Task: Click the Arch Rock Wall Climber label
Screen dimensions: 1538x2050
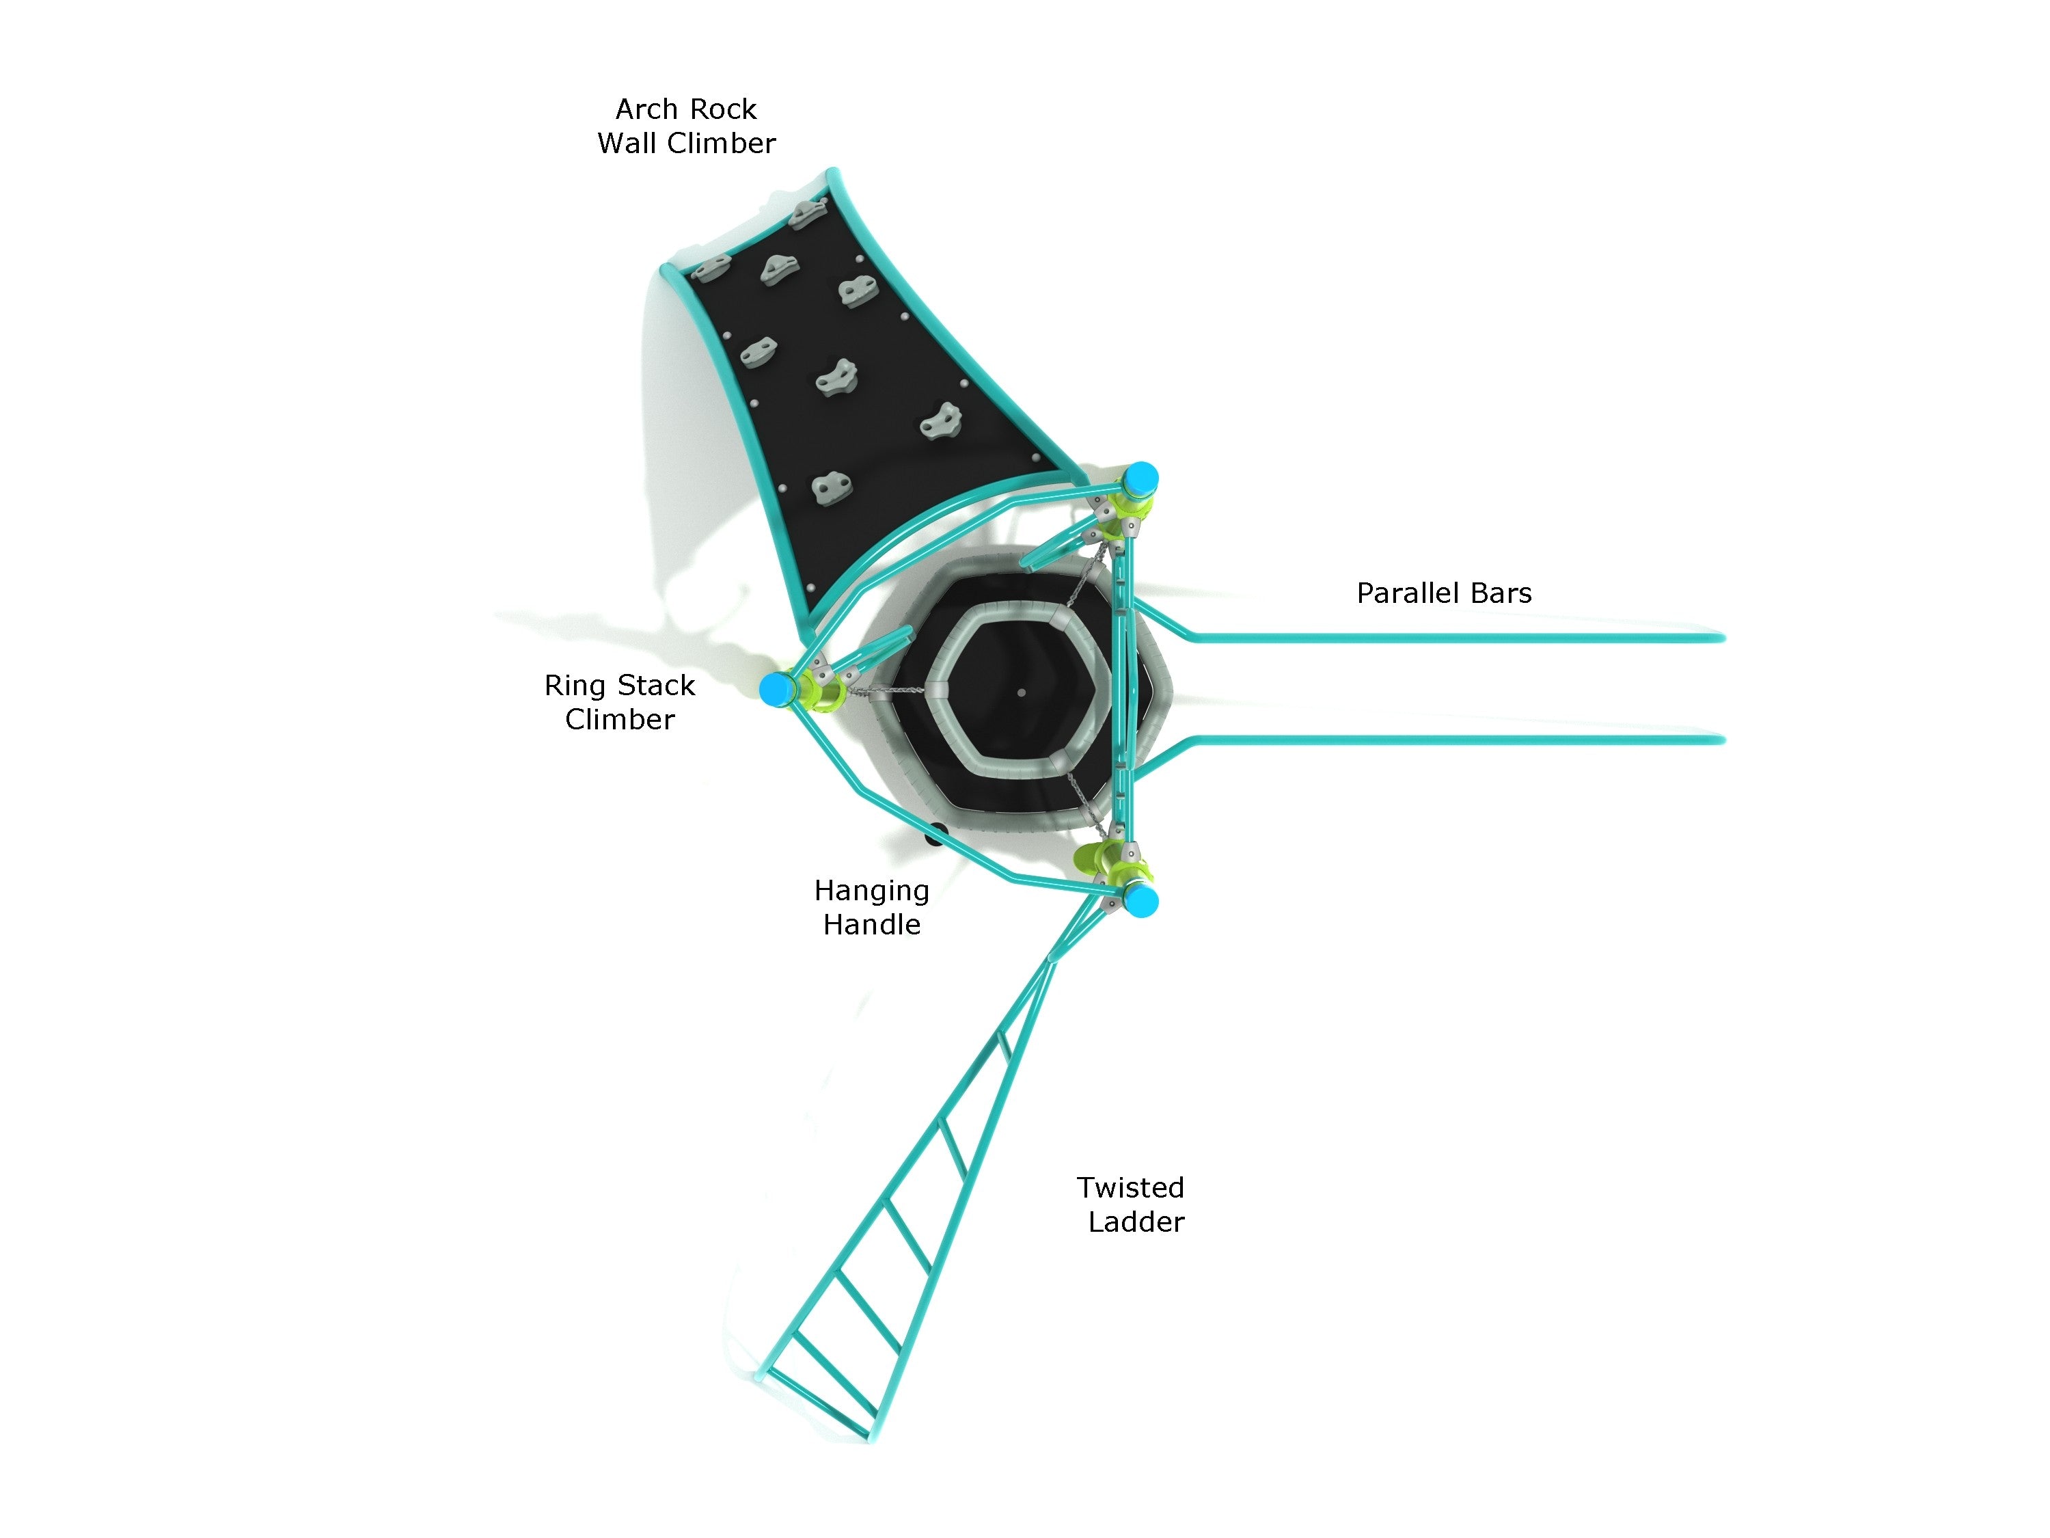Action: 686,126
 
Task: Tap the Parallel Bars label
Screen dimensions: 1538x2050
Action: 1443,593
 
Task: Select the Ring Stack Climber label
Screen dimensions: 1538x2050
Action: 619,702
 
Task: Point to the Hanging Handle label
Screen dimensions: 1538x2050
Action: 871,906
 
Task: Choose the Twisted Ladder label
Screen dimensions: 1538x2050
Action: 1132,1204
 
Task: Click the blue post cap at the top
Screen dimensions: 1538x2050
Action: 1141,478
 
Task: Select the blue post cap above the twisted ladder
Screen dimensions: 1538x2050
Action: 1142,900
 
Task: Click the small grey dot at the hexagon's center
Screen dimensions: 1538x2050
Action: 1022,692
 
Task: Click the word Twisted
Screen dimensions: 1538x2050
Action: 1130,1187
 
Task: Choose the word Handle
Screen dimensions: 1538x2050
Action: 871,924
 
